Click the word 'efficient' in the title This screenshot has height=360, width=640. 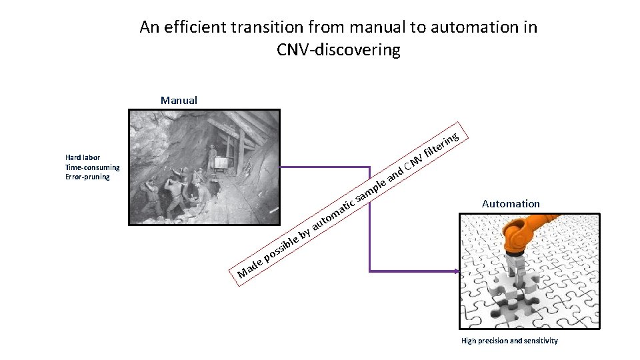pyautogui.click(x=195, y=27)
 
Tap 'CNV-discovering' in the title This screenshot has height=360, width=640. pyautogui.click(x=338, y=50)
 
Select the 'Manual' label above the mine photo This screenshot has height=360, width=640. pyautogui.click(x=179, y=101)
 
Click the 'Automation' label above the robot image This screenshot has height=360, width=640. pyautogui.click(x=511, y=204)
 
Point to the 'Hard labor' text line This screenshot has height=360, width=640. pyautogui.click(x=83, y=158)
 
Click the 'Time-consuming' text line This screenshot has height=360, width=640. pyautogui.click(x=92, y=167)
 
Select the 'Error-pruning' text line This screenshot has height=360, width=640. pyautogui.click(x=87, y=177)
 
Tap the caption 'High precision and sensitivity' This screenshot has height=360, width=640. pyautogui.click(x=509, y=341)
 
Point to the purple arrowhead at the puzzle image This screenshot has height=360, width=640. pyautogui.click(x=456, y=271)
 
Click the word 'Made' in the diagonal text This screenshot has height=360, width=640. pyautogui.click(x=250, y=267)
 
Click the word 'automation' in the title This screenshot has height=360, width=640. pyautogui.click(x=476, y=27)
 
